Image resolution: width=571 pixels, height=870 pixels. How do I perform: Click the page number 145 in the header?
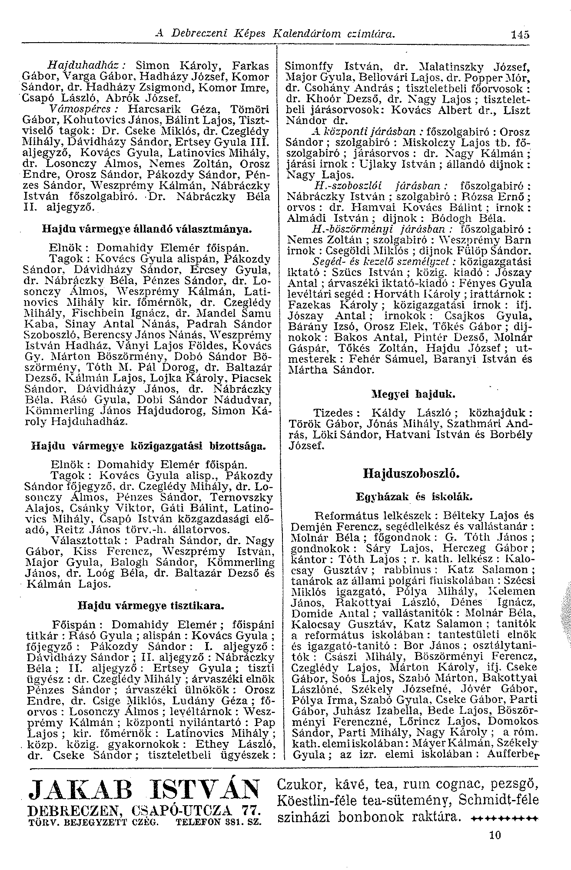(x=521, y=34)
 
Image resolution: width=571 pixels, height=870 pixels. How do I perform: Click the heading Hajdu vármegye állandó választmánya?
(x=148, y=228)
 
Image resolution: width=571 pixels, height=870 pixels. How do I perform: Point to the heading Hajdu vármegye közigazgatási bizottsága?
(x=148, y=446)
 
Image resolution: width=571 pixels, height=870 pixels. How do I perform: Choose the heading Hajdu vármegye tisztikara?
(x=151, y=605)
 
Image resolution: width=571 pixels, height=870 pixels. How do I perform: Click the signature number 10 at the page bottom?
(x=495, y=835)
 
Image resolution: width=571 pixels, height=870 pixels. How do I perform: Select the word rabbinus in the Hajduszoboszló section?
(x=411, y=569)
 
